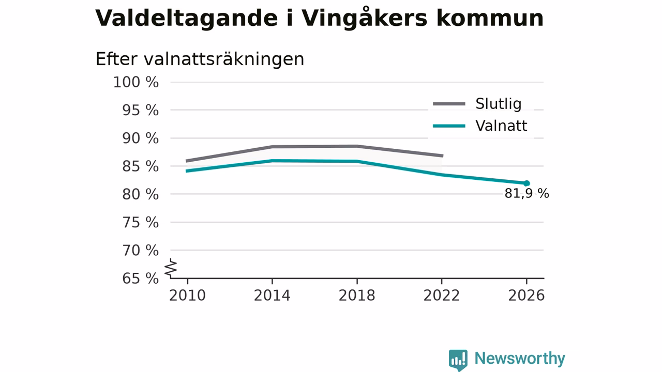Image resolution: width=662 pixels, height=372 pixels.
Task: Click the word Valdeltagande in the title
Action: point(187,19)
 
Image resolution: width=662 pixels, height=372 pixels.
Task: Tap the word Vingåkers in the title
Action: point(364,18)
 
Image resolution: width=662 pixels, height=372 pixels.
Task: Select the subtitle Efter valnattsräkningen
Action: point(200,59)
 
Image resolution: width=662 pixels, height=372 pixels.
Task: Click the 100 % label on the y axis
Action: point(136,82)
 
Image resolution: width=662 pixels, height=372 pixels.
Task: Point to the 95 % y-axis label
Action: point(140,110)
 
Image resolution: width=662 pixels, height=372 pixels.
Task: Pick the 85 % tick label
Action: point(140,166)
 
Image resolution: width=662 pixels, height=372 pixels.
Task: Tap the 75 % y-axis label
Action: point(140,222)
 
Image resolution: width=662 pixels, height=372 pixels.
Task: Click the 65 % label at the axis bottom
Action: point(140,278)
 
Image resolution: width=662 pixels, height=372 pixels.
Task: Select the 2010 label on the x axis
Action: point(187,296)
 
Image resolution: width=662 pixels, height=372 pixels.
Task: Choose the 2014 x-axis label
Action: point(272,296)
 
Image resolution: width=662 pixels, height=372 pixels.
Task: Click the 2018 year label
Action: point(357,296)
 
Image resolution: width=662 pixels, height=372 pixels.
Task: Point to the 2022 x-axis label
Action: point(442,296)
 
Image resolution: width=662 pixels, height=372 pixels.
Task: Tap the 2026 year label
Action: point(526,296)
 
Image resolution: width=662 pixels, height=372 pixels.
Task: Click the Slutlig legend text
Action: point(498,104)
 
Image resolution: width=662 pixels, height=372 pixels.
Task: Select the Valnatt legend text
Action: point(501,126)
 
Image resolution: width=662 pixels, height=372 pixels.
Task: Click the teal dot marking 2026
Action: point(526,183)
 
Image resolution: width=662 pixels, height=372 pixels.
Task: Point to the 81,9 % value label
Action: point(526,194)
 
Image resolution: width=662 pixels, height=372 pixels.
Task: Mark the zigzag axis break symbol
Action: point(171,268)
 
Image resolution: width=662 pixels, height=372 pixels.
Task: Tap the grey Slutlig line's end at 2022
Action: point(443,156)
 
